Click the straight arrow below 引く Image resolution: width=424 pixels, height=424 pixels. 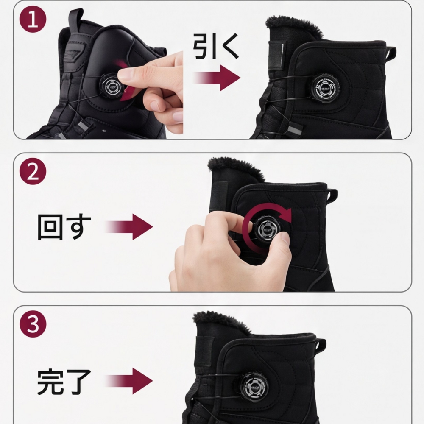tap(217, 78)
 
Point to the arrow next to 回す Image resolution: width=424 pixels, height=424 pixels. tap(129, 227)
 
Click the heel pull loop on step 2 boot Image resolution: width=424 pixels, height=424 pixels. tap(332, 194)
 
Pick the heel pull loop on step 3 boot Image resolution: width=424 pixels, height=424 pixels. tap(321, 344)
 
